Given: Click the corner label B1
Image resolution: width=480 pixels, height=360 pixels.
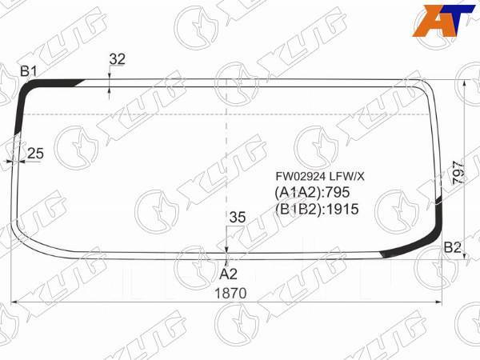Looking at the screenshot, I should (x=30, y=72).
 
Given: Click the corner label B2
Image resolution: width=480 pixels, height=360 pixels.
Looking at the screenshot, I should (x=453, y=247).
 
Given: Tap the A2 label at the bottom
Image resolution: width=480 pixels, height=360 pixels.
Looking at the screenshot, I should (x=229, y=273).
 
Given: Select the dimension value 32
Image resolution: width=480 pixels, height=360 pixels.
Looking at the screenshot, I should (x=118, y=58).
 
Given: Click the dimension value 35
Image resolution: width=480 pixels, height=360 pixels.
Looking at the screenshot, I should (x=237, y=216).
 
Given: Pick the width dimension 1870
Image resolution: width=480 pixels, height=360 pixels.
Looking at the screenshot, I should (x=230, y=293).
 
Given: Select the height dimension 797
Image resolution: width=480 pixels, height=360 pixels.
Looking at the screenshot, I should (x=458, y=173).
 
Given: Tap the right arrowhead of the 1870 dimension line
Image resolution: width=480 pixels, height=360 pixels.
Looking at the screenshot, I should (x=439, y=302).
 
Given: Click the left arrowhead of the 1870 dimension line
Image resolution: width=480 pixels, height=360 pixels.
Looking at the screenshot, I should (x=14, y=302).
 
